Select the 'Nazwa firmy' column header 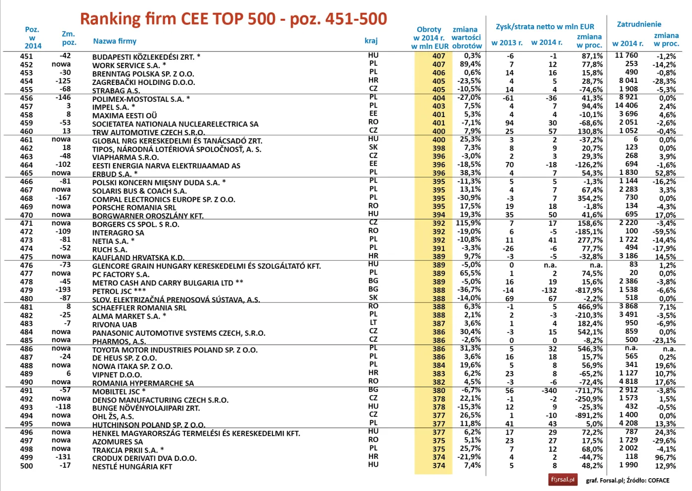pos(115,41)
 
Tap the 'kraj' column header pos(371,41)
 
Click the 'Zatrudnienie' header pos(639,24)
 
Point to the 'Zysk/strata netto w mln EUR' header pos(545,27)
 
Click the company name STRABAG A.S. pos(116,90)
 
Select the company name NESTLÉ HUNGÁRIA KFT pos(132,466)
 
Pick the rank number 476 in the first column pos(27,265)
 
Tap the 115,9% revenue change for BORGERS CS pos(468,223)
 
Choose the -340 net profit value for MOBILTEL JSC pos(549,390)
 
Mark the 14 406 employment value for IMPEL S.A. pos(626,106)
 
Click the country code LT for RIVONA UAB pos(373,323)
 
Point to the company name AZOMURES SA pos(118,442)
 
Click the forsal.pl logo pos(562,480)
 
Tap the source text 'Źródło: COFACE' pos(648,480)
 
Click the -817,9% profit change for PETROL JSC pos(589,290)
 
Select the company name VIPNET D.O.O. pos(117,374)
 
